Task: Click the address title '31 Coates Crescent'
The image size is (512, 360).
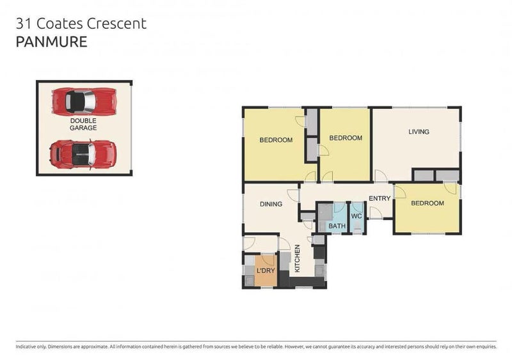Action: tap(81, 24)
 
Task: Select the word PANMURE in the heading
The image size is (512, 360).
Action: tap(51, 42)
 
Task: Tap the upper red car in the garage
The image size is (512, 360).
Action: tap(83, 100)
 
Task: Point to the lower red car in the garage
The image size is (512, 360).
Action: tap(83, 153)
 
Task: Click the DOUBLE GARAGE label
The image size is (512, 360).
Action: tap(83, 124)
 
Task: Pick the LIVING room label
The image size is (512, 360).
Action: tap(419, 132)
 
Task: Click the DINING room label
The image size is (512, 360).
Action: tap(271, 205)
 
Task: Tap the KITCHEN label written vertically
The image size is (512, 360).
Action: tap(297, 259)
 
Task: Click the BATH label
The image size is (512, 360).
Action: tap(337, 226)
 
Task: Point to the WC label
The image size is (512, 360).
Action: tap(357, 216)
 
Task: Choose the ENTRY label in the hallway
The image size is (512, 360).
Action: tap(379, 198)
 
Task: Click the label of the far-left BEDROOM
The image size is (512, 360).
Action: tap(275, 140)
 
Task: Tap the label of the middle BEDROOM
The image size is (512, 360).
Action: tap(346, 137)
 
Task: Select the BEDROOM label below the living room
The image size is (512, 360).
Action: tap(427, 203)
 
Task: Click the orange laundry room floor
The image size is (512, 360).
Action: tap(265, 279)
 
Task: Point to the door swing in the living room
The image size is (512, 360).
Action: tap(380, 175)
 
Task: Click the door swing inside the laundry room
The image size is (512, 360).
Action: tap(268, 260)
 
